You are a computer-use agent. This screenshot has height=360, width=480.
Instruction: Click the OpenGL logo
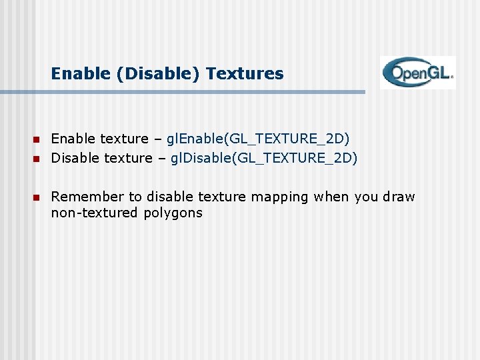(x=418, y=73)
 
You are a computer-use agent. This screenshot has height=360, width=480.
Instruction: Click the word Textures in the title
(x=245, y=73)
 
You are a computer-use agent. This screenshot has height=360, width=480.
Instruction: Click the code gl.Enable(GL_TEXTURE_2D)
(x=258, y=139)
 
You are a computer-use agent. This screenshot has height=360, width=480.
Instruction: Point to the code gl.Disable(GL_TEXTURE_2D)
(x=264, y=158)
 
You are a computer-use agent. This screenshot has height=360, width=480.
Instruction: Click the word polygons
(x=173, y=214)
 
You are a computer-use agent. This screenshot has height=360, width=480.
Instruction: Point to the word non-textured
(x=95, y=213)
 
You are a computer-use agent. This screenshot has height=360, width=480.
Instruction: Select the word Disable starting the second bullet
(x=75, y=158)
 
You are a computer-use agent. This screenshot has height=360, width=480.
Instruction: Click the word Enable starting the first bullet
(x=73, y=139)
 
